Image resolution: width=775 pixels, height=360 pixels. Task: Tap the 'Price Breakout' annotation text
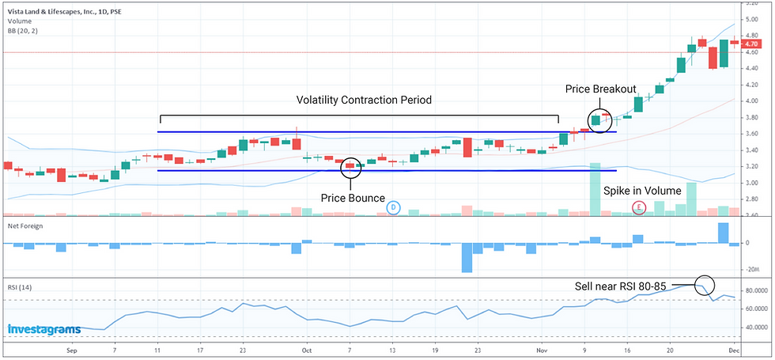(599, 89)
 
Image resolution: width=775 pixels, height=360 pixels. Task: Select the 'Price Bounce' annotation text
(352, 196)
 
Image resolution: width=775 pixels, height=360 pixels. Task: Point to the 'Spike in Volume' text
(641, 191)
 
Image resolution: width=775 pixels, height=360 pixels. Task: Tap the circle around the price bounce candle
(351, 167)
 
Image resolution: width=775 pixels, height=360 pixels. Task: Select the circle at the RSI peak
(704, 286)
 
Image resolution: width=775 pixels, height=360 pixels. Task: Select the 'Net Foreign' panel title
(26, 226)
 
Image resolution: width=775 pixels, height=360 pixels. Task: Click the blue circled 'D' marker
(393, 207)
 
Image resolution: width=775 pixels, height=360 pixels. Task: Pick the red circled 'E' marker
(639, 207)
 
